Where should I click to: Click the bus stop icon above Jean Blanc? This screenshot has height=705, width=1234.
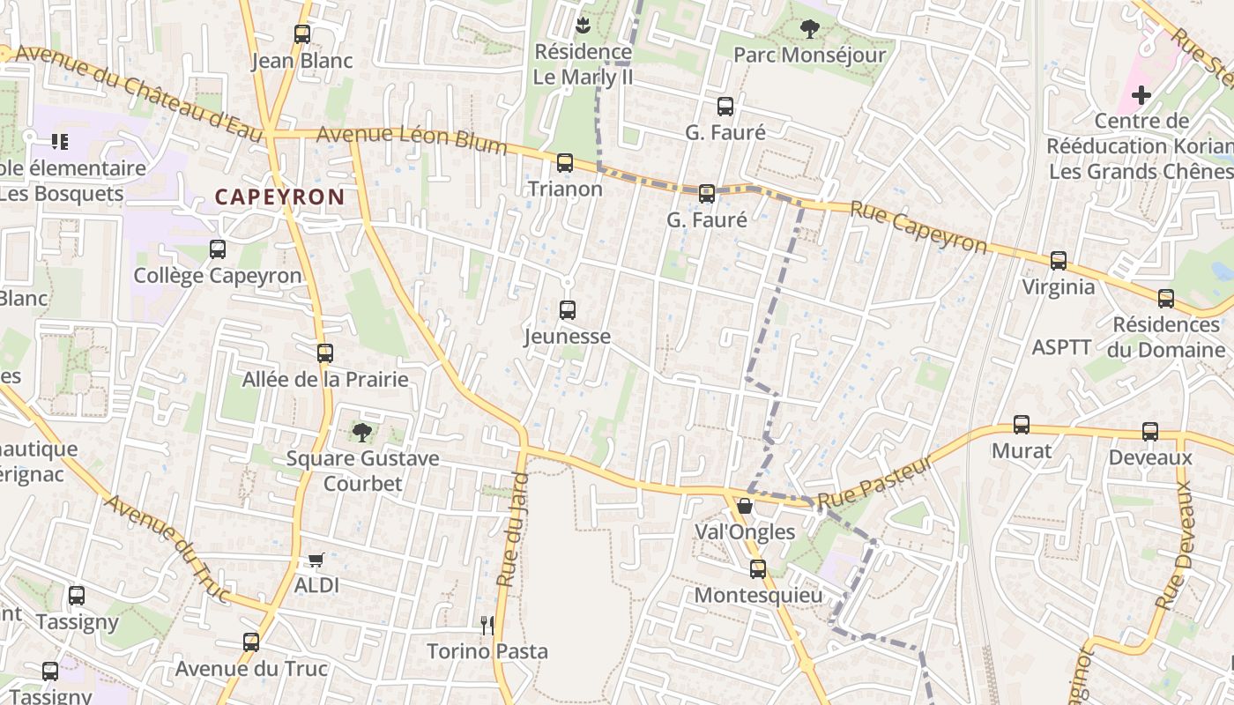[302, 34]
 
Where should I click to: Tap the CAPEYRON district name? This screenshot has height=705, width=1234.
[279, 197]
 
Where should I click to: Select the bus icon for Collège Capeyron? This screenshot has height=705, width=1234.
[218, 249]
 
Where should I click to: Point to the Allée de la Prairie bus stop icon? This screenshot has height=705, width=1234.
[325, 353]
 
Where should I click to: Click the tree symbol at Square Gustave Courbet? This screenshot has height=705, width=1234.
[361, 432]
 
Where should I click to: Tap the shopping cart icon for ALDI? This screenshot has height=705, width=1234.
[316, 560]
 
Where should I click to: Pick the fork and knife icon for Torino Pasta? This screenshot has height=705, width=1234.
[487, 626]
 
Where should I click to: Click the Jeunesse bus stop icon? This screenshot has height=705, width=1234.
[568, 310]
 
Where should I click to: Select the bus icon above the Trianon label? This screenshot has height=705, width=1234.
[565, 163]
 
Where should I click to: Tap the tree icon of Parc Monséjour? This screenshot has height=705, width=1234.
[809, 29]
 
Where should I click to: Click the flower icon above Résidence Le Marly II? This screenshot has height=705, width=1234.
[582, 25]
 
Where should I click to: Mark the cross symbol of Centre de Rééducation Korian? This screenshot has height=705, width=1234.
[1141, 94]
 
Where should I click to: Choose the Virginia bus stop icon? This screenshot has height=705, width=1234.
[1059, 261]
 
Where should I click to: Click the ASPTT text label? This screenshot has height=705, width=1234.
[1061, 347]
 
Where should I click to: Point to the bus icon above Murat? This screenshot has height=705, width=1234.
[1022, 425]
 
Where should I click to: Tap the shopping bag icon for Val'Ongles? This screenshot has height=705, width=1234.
[745, 506]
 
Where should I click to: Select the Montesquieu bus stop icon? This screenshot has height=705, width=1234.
[758, 569]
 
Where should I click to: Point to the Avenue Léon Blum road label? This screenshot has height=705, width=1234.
[411, 139]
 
